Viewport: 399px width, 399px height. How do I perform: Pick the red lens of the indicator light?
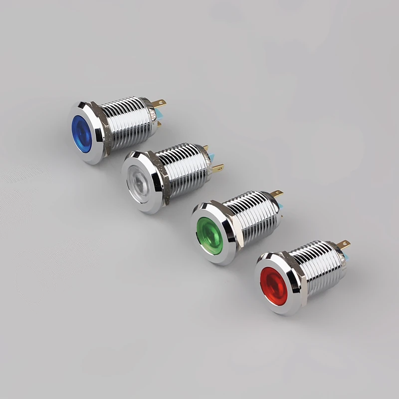[273, 286]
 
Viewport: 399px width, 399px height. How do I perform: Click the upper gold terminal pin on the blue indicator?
[160, 104]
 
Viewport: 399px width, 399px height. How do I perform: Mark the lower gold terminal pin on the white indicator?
[217, 169]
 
